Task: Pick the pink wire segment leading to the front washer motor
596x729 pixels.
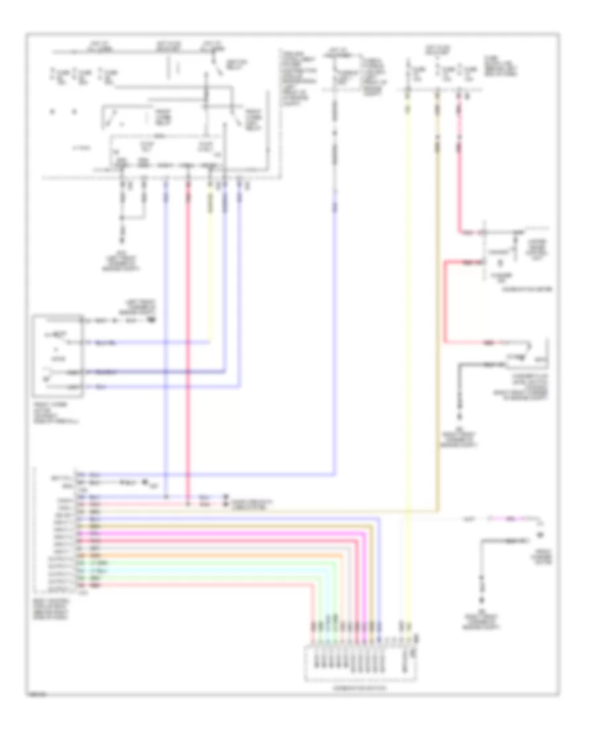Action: pos(510,518)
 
